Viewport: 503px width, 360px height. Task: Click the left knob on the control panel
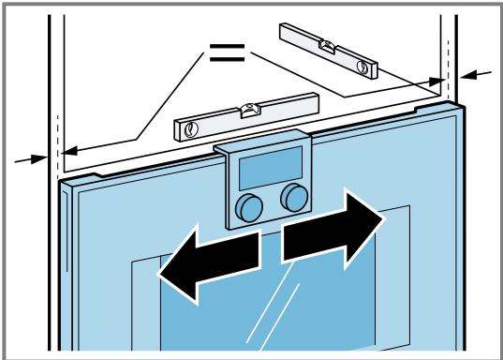(248, 206)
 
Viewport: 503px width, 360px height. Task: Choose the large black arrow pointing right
(333, 230)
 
